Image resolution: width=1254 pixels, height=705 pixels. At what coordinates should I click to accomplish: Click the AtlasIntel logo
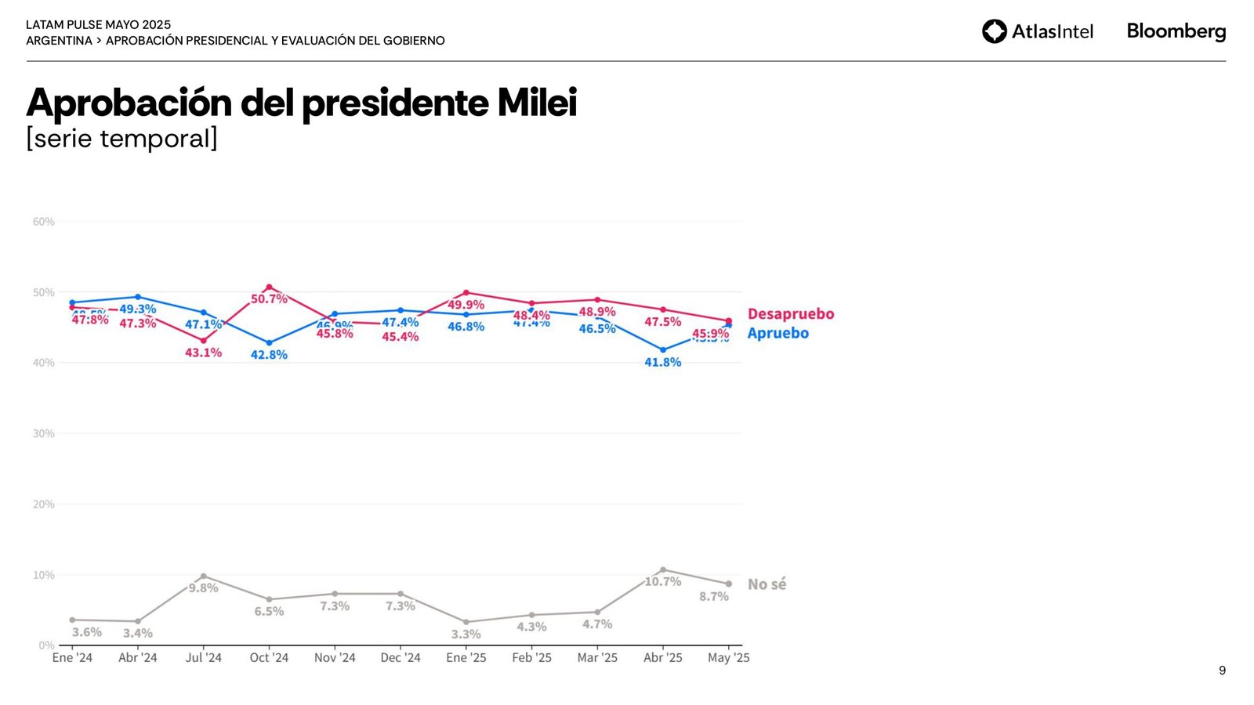click(1037, 31)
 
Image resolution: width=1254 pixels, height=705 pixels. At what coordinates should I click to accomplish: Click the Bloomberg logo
click(1176, 31)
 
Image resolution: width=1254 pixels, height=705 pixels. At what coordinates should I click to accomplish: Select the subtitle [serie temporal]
click(121, 139)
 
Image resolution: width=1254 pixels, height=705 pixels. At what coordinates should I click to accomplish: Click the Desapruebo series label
click(790, 313)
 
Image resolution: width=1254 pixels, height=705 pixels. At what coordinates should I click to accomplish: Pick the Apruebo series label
click(777, 333)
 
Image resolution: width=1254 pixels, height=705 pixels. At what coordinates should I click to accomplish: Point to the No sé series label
click(767, 584)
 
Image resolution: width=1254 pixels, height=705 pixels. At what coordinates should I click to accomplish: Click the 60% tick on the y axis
click(44, 222)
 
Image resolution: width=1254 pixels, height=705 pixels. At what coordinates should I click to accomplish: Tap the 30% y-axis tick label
click(44, 433)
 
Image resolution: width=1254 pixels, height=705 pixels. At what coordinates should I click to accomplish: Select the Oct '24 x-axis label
click(269, 658)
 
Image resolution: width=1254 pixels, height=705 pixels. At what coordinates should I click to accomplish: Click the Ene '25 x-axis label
click(466, 658)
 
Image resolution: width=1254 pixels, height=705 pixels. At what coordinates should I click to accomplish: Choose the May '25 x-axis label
click(728, 658)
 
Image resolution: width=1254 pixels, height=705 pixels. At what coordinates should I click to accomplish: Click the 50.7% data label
click(269, 299)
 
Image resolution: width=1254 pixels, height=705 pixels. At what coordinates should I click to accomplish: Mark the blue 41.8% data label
click(663, 362)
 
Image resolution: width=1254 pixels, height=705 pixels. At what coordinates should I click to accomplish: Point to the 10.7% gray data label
click(663, 581)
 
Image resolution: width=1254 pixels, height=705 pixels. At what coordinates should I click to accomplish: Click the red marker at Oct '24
click(269, 287)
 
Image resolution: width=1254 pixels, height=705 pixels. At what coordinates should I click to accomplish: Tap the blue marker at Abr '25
click(663, 350)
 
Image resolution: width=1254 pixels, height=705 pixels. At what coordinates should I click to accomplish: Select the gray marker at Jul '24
click(204, 577)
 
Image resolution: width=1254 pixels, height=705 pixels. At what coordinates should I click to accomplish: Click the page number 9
click(1222, 671)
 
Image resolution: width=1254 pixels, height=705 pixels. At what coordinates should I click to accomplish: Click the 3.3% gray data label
click(466, 634)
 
